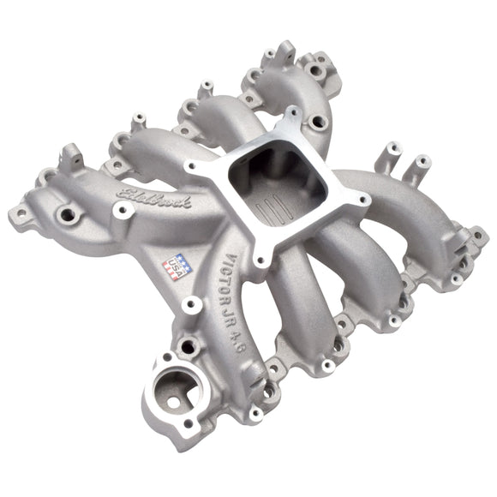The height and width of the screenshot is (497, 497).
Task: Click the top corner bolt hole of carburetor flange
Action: [x=291, y=115]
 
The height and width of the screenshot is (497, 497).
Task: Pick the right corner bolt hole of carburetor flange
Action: [x=364, y=200]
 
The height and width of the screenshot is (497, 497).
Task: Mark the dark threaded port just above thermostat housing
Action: [x=188, y=347]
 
